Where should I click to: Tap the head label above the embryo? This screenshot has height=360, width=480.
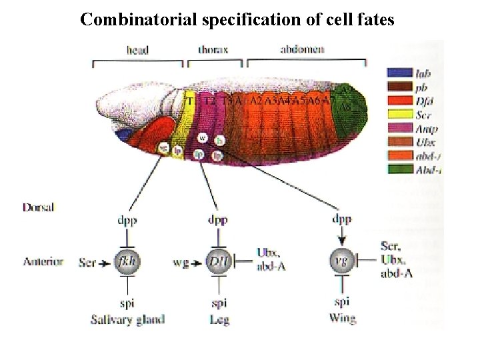pos(137,49)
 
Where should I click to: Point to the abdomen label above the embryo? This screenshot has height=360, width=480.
pos(303,49)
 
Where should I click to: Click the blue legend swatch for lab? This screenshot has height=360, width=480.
pos(398,73)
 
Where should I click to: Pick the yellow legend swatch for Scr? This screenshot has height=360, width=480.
pos(398,113)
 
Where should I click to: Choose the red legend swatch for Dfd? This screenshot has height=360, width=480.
pos(398,100)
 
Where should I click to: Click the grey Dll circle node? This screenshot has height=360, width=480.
pos(218,261)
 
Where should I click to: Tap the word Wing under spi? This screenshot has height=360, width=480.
pos(342,318)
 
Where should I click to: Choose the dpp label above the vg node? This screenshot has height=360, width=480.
pos(342,219)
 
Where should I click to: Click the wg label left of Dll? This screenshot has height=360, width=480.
pos(179,261)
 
